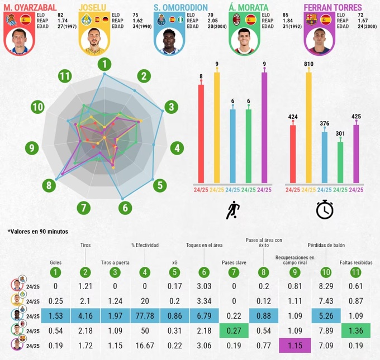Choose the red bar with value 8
click(x=201, y=134)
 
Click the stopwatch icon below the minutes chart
click(x=325, y=209)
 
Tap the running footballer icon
click(x=232, y=210)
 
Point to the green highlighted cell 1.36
click(x=352, y=330)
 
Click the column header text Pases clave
click(x=232, y=261)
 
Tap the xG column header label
click(x=174, y=261)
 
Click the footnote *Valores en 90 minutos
click(x=37, y=231)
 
